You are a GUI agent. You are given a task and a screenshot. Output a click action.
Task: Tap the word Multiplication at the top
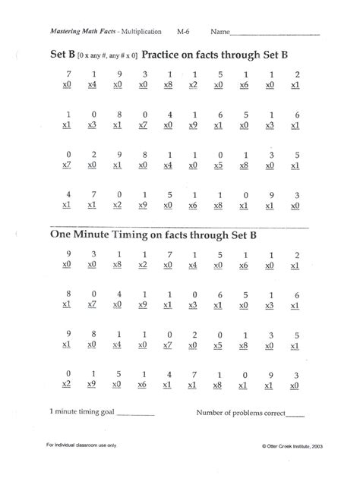(140, 33)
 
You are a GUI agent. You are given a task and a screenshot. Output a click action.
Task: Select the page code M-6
(184, 33)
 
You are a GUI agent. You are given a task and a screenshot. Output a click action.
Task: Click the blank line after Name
(274, 34)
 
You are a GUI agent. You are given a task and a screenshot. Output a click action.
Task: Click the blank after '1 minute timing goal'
(135, 414)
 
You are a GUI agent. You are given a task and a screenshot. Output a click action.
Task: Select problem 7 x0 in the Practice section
(68, 80)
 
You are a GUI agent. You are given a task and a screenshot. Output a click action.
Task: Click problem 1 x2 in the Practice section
(193, 80)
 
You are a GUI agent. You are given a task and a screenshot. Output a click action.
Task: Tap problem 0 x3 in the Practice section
(93, 120)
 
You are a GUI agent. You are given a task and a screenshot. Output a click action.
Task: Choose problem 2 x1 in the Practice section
(297, 80)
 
